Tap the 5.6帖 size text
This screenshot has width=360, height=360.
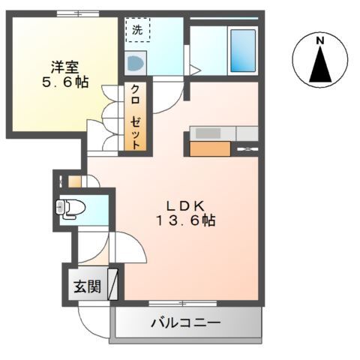(x=64, y=82)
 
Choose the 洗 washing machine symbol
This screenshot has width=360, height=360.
(x=136, y=31)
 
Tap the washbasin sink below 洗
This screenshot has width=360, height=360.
(x=135, y=64)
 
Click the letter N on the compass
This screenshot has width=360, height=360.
(x=319, y=40)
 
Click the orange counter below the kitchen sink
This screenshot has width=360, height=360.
(x=209, y=148)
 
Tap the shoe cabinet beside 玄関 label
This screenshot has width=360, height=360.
(x=113, y=284)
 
